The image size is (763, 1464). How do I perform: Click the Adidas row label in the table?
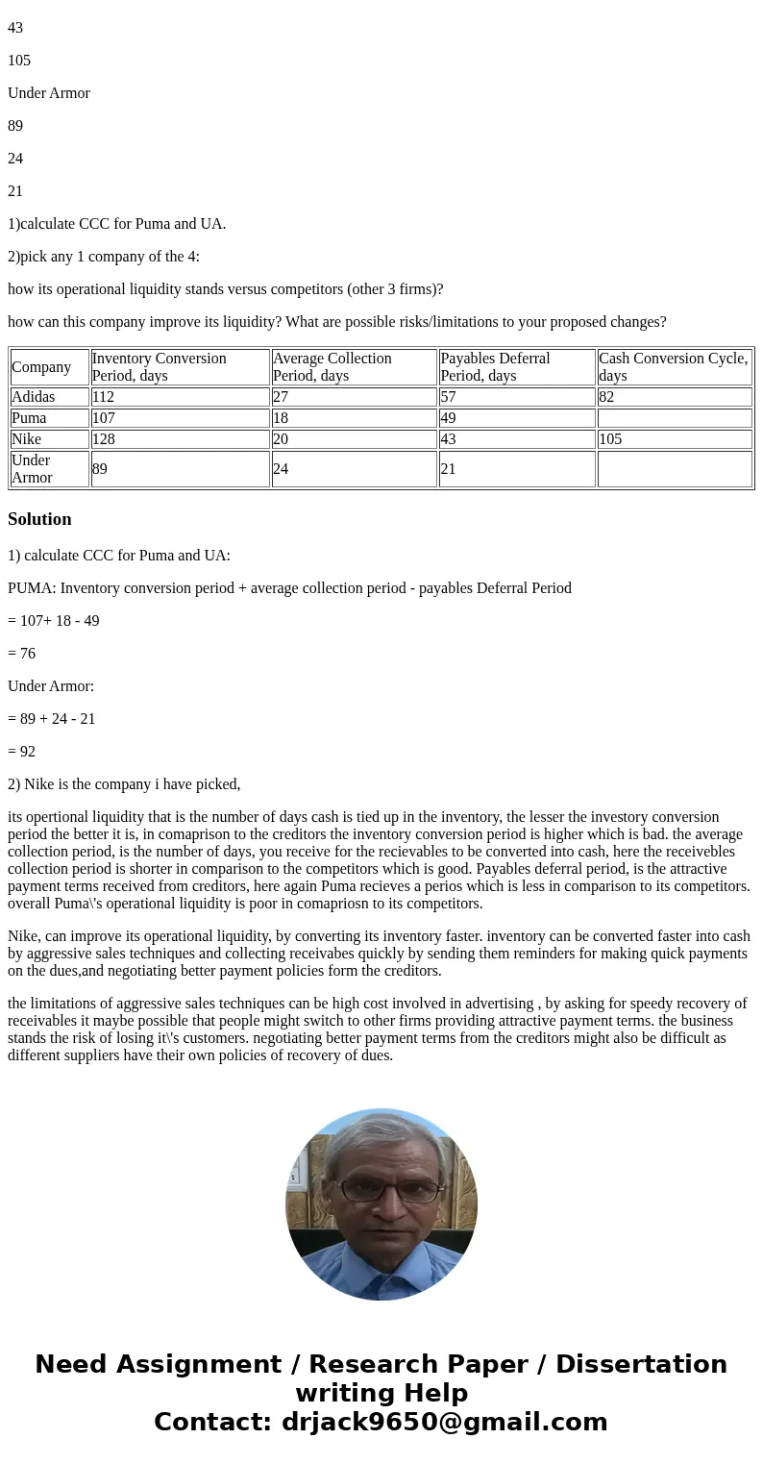pos(34,397)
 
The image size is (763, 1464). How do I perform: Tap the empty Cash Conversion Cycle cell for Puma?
pos(674,418)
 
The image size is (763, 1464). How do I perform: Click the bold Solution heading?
pos(39,519)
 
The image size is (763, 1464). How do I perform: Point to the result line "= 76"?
pos(22,654)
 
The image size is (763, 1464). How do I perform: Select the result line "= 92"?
pos(22,752)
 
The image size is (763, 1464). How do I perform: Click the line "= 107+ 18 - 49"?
pos(54,621)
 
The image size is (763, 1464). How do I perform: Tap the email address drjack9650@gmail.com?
pos(444,1423)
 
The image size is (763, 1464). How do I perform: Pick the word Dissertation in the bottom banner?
pos(641,1365)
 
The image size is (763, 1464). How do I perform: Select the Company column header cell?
pos(41,367)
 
